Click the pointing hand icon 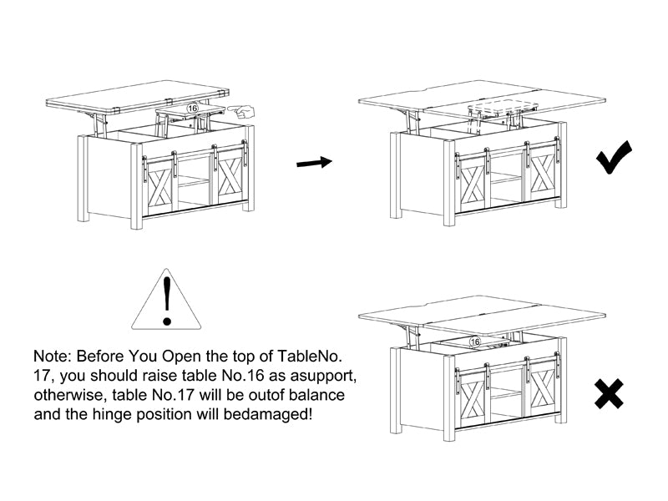tap(241, 112)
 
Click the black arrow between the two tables tap(315, 163)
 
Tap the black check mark tap(614, 157)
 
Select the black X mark tap(610, 393)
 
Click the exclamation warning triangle tap(166, 300)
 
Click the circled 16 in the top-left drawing tap(193, 109)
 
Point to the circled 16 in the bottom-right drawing tap(474, 342)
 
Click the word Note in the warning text tap(51, 357)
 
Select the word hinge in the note tap(109, 414)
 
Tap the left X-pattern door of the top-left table tap(159, 186)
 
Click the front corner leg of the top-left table tap(136, 186)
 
